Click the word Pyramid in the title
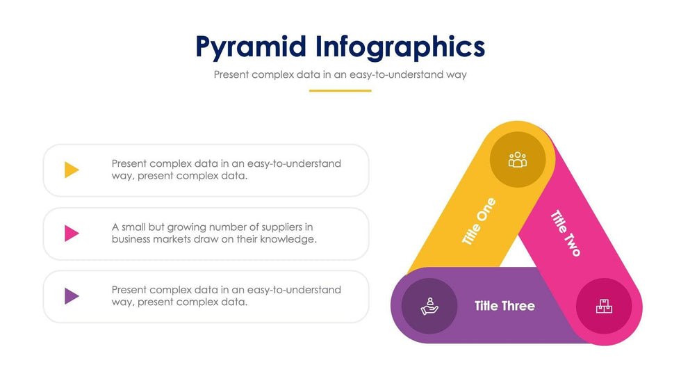(x=251, y=47)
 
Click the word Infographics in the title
(x=400, y=47)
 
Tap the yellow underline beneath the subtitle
(x=340, y=91)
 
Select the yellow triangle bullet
(x=72, y=170)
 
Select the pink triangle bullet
(x=72, y=233)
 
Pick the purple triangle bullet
(x=72, y=296)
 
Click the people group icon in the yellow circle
(x=518, y=160)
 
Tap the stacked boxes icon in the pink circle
(x=604, y=306)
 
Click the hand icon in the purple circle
(x=429, y=306)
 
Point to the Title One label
(x=479, y=222)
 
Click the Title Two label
(x=566, y=233)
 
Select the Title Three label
(x=504, y=306)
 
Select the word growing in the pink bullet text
(x=186, y=227)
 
